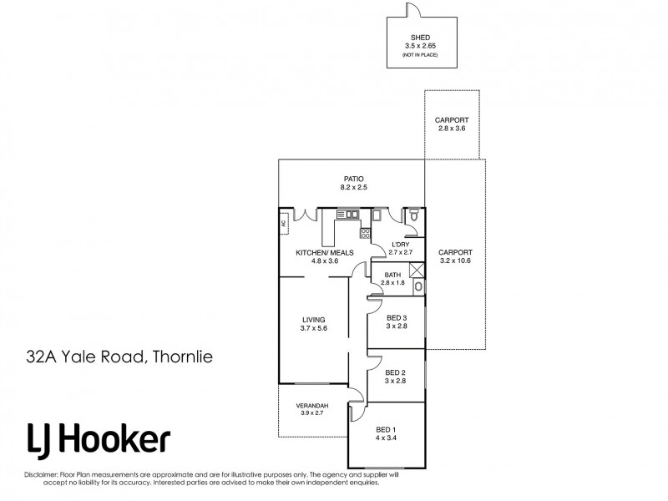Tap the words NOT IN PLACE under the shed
coord(421,54)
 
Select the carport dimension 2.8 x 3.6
coord(452,129)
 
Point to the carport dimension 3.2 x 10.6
coord(455,261)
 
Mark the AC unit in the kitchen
coord(284,223)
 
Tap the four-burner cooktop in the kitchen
coord(365,233)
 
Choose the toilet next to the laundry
coord(414,217)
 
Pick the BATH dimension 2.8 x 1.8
coord(392,284)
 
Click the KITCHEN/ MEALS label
coord(325,252)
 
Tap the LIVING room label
coord(313,320)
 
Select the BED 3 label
coord(397,317)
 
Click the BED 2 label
coord(397,372)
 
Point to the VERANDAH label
coord(313,407)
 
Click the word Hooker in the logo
coord(122,440)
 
